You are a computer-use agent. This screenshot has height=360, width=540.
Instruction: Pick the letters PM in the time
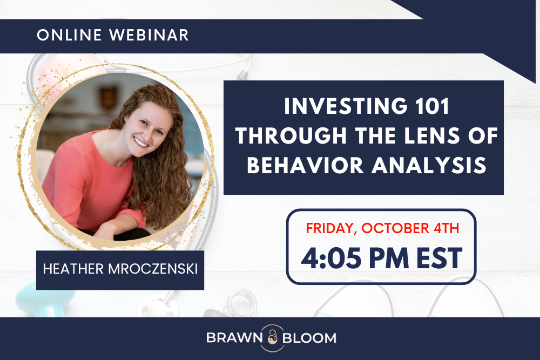pos(388,258)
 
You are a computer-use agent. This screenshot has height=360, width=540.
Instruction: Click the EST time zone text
pos(439,258)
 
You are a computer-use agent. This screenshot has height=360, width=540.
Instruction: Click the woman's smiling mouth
pos(141,142)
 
